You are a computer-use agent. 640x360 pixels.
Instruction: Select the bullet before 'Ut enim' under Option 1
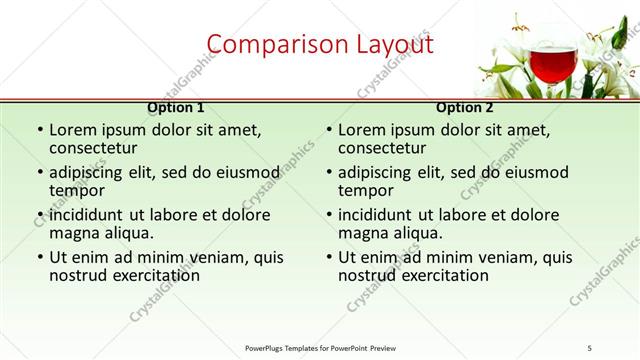[39, 257]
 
